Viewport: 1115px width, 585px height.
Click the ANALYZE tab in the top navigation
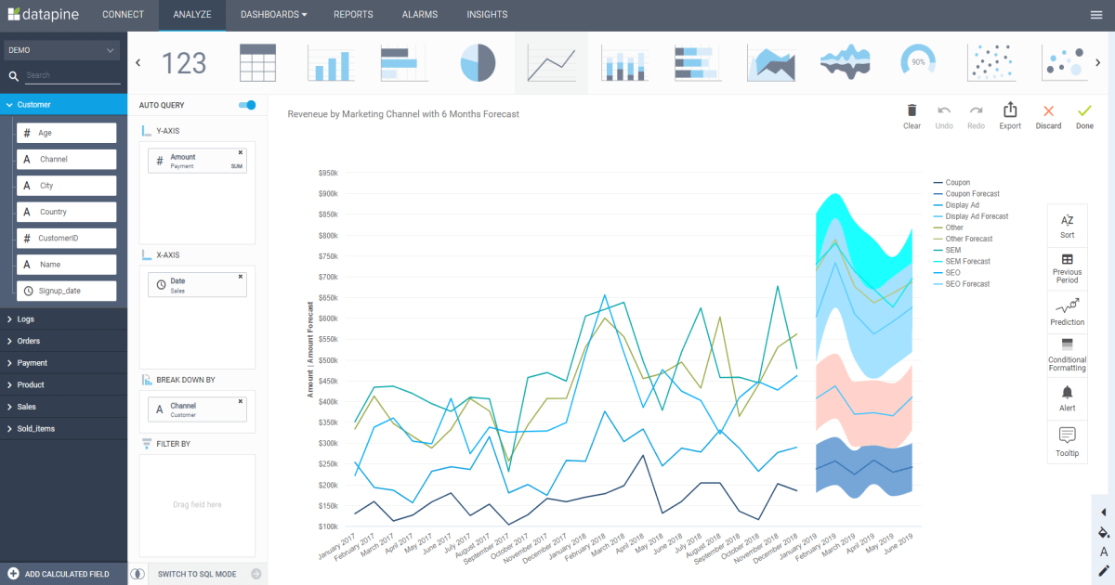click(192, 15)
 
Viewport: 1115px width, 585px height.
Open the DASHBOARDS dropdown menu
click(273, 15)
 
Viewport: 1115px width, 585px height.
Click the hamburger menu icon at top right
click(1096, 15)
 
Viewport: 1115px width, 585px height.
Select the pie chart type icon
click(478, 63)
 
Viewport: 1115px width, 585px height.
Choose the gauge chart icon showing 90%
click(918, 62)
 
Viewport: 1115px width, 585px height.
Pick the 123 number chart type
click(184, 63)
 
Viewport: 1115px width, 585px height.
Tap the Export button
click(1010, 116)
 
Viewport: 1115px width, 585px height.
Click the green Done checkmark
click(1084, 116)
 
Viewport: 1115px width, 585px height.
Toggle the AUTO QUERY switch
click(247, 105)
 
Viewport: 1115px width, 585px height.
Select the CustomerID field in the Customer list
click(67, 239)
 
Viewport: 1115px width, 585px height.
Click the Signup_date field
click(67, 291)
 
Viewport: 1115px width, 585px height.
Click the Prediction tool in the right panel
click(1067, 311)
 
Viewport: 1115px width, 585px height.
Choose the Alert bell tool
click(1067, 397)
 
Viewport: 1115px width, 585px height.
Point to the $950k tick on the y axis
click(327, 173)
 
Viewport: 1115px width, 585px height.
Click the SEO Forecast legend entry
click(966, 284)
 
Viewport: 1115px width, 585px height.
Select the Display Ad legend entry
click(962, 205)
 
